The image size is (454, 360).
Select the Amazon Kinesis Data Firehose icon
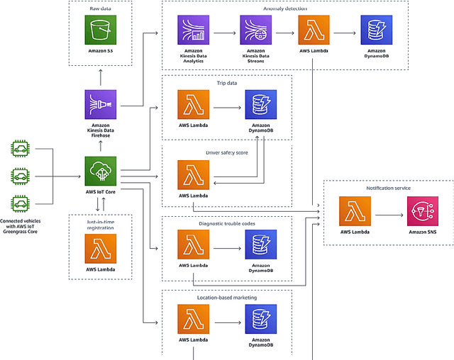tap(100, 104)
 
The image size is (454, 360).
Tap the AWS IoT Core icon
tap(100, 172)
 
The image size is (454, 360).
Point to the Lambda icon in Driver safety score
tap(193, 175)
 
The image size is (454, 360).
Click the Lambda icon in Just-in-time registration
tap(100, 249)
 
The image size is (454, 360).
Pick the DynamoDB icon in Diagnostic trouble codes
tap(260, 245)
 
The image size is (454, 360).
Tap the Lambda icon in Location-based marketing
tap(193, 319)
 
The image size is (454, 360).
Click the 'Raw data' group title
tap(100, 9)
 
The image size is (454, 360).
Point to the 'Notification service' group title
tap(388, 188)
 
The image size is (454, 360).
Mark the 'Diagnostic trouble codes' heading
tap(226, 224)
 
